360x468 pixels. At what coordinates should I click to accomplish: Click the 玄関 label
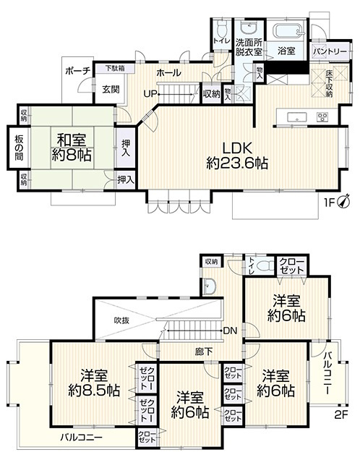[x=110, y=90]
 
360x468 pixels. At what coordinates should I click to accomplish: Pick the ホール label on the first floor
[x=168, y=73]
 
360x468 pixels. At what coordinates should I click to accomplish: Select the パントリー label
[x=328, y=52]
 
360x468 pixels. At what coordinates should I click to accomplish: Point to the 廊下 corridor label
[x=204, y=351]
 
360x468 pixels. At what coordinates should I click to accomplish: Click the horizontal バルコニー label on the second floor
[x=80, y=438]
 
